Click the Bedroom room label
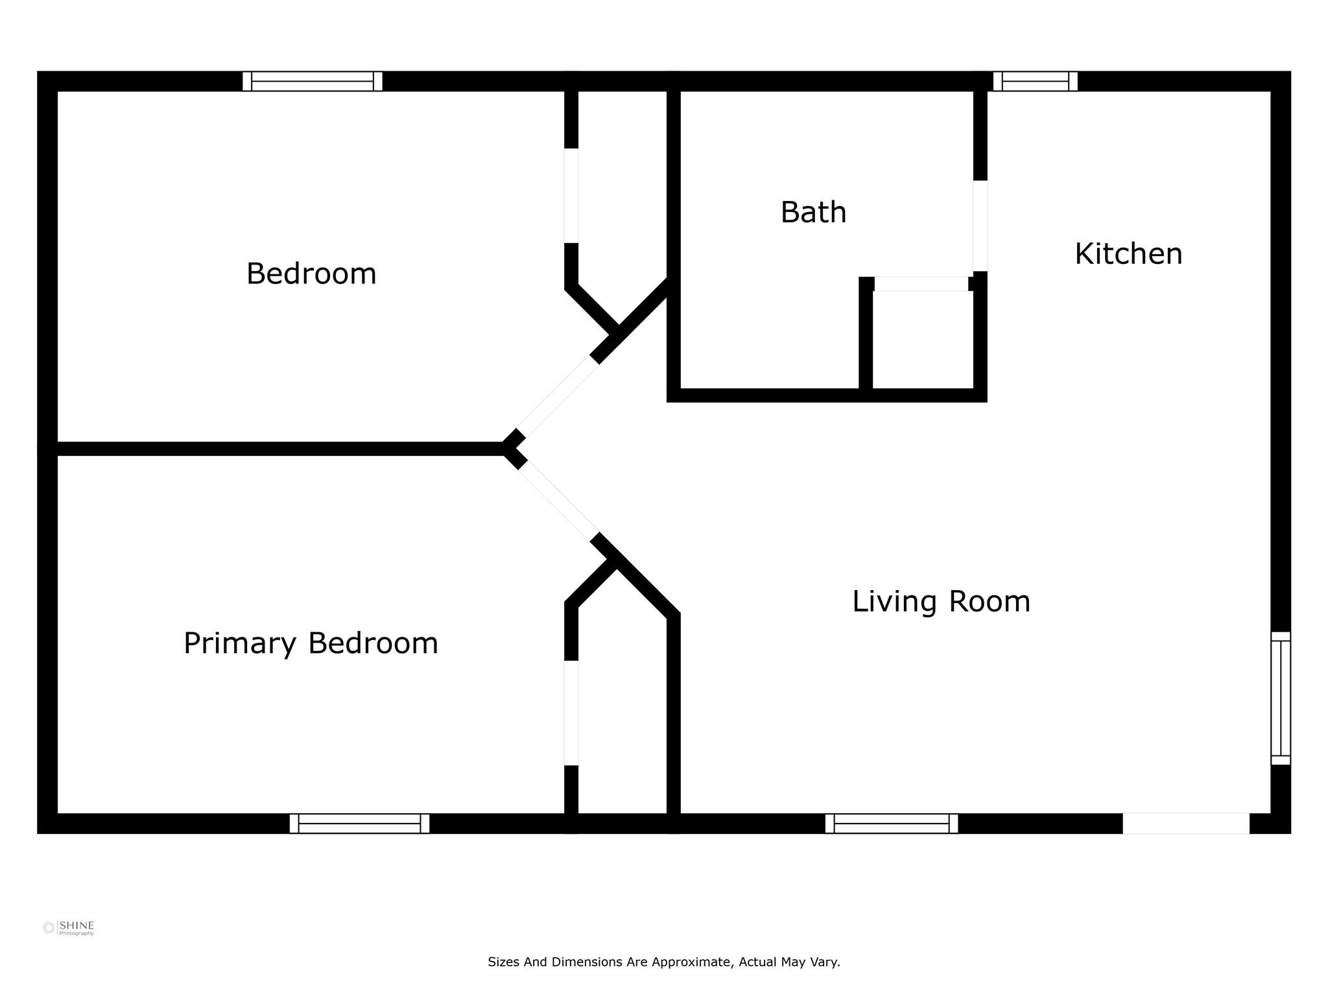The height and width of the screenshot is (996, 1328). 311,274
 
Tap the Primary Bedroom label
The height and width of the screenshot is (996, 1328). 311,644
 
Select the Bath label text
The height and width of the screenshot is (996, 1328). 813,213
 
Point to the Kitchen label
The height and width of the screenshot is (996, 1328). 1128,254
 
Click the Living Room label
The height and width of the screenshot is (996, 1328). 941,602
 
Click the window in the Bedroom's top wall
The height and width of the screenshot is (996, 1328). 313,81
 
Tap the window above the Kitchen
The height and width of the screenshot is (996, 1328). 1036,81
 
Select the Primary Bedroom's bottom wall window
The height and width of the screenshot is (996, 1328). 359,824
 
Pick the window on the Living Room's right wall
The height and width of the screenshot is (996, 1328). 1281,698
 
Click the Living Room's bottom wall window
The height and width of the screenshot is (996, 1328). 892,824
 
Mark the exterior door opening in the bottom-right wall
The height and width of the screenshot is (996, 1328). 1186,824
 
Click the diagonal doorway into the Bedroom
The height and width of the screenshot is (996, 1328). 558,396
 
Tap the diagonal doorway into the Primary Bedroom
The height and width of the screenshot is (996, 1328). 558,501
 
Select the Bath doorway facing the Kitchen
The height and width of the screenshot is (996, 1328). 980,226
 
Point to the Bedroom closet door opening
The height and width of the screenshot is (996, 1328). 571,196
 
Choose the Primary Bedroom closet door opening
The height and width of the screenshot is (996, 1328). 571,713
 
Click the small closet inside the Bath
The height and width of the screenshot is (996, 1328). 923,339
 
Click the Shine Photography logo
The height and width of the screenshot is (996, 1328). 69,928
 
